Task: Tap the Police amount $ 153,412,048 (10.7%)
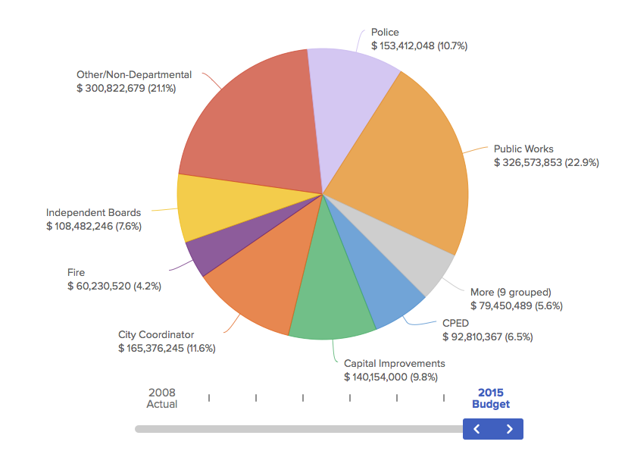pyautogui.click(x=419, y=45)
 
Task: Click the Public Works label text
pyautogui.click(x=523, y=149)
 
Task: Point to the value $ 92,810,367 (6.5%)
pyautogui.click(x=487, y=337)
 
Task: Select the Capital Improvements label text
pyautogui.click(x=394, y=363)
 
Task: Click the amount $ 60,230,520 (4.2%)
pyautogui.click(x=114, y=286)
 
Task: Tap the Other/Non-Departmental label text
pyautogui.click(x=134, y=74)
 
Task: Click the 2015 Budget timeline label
pyautogui.click(x=490, y=398)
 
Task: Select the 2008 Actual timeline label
pyautogui.click(x=162, y=398)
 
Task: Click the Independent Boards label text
pyautogui.click(x=93, y=212)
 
